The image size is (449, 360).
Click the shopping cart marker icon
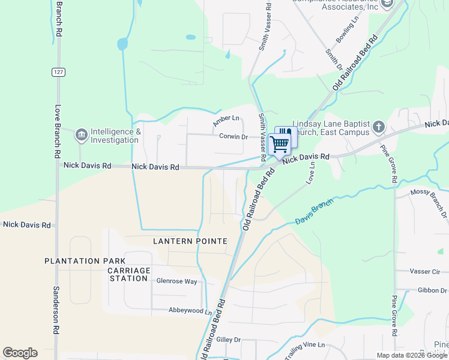click(279, 144)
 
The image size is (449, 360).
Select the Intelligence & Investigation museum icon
click(80, 136)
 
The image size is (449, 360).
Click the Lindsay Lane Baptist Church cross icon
click(378, 127)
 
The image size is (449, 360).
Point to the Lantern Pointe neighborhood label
click(190, 241)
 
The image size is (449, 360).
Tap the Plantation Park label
click(85, 261)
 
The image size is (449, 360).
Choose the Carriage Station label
click(128, 274)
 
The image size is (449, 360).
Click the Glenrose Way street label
click(176, 281)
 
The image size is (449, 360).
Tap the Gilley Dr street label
click(228, 340)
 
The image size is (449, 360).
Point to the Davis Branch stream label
click(313, 213)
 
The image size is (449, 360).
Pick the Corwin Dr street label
click(234, 137)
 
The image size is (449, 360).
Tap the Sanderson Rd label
click(56, 310)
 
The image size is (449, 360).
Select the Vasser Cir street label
click(429, 271)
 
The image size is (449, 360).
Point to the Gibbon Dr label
click(432, 290)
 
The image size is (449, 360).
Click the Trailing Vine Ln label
click(305, 350)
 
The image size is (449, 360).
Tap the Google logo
click(20, 353)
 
